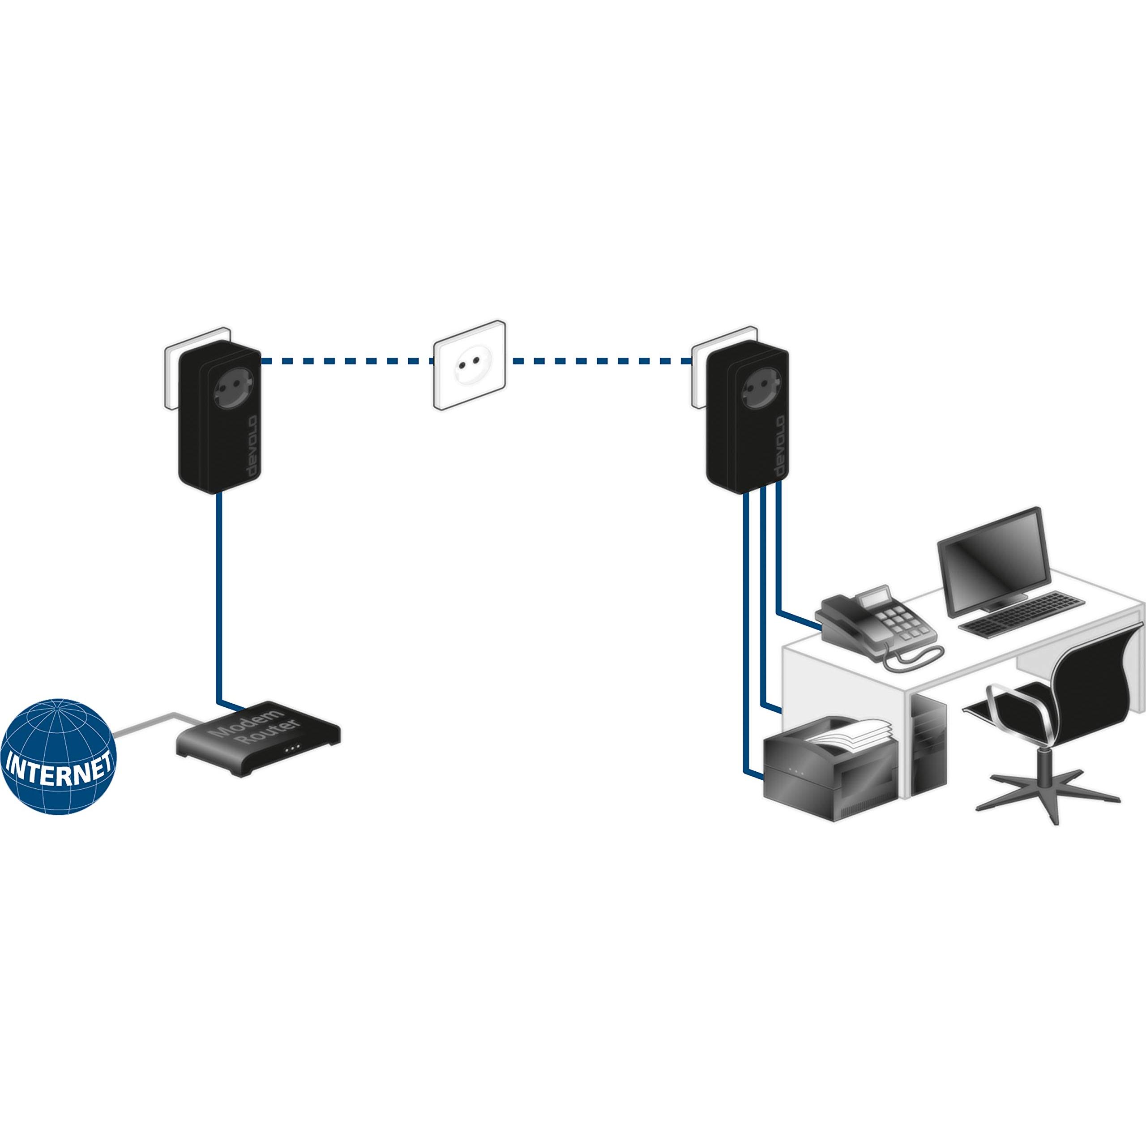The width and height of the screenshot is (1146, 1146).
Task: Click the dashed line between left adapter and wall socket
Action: click(347, 360)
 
